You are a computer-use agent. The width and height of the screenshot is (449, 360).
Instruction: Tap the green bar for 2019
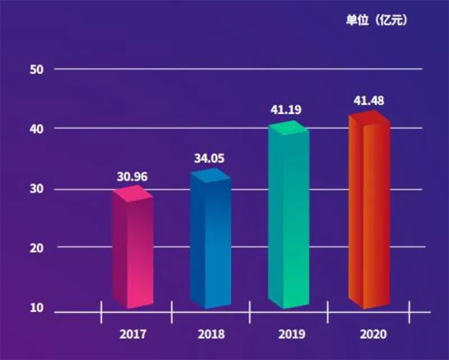pyautogui.click(x=288, y=219)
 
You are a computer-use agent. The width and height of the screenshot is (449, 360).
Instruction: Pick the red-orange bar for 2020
pyautogui.click(x=369, y=213)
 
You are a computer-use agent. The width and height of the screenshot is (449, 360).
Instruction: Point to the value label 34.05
pyautogui.click(x=209, y=158)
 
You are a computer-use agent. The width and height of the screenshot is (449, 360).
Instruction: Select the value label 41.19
pyautogui.click(x=286, y=110)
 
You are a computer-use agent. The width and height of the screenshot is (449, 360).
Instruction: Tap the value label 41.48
pyautogui.click(x=369, y=101)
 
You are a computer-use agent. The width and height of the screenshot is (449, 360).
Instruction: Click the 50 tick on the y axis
pyautogui.click(x=36, y=70)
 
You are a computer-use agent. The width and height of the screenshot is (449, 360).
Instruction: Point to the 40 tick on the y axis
pyautogui.click(x=36, y=128)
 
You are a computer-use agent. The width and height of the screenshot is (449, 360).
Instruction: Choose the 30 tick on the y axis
pyautogui.click(x=36, y=189)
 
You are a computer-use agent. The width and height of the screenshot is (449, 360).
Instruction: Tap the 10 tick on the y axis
pyautogui.click(x=36, y=308)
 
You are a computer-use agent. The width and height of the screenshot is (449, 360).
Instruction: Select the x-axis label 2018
pyautogui.click(x=211, y=335)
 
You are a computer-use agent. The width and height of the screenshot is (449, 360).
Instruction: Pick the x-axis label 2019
pyautogui.click(x=291, y=335)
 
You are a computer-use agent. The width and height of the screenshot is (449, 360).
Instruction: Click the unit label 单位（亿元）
pyautogui.click(x=376, y=21)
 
